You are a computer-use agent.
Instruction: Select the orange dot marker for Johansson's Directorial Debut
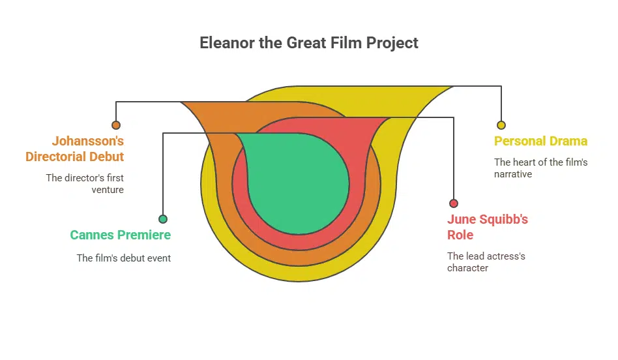tap(116, 125)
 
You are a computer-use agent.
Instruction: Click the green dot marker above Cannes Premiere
tap(163, 219)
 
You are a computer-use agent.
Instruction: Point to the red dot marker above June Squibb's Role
tap(454, 203)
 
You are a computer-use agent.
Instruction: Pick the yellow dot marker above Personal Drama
tap(501, 125)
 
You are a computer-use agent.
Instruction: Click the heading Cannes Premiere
tap(120, 235)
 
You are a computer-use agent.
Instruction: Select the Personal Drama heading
tap(540, 142)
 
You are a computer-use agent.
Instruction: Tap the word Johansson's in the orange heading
tap(88, 141)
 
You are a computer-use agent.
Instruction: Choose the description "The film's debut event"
tap(124, 258)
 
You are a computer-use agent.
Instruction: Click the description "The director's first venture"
tap(85, 183)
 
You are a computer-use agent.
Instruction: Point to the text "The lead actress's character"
tap(486, 262)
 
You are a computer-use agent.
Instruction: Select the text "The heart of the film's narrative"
tap(540, 168)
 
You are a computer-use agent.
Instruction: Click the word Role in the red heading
tap(460, 235)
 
